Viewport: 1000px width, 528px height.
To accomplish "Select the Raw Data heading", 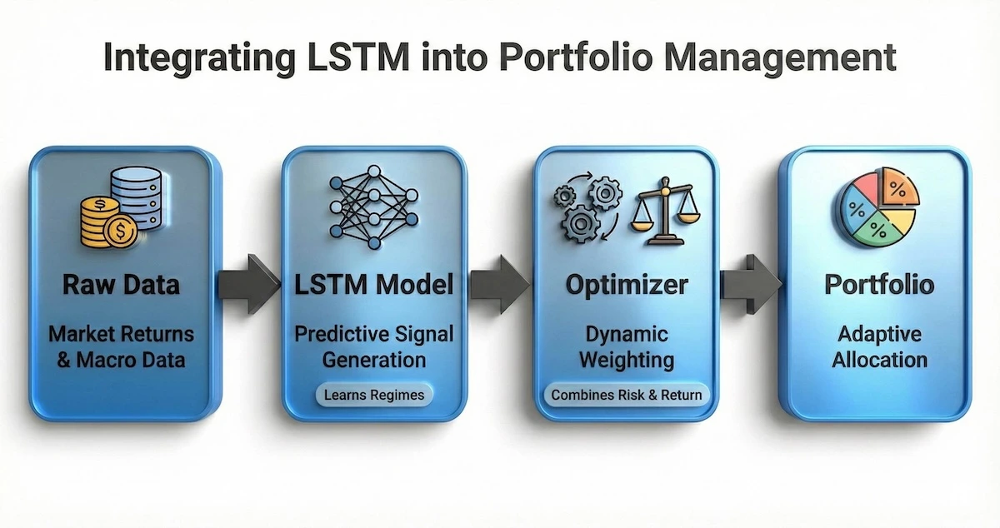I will [x=121, y=284].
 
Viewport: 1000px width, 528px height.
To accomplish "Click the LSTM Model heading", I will [x=374, y=284].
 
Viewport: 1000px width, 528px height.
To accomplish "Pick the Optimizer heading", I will [x=627, y=284].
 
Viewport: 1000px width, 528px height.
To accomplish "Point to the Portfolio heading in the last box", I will [x=879, y=284].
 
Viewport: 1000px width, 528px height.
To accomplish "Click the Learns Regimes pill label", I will [x=375, y=395].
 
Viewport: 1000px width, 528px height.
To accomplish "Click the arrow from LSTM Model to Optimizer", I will [x=500, y=284].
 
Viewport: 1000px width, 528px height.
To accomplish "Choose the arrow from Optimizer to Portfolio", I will [x=751, y=284].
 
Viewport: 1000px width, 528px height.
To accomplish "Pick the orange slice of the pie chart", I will [x=899, y=187].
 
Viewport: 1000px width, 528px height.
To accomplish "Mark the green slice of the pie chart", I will [x=875, y=229].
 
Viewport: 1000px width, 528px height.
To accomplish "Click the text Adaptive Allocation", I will [x=879, y=347].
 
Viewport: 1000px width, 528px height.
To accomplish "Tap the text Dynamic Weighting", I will [x=625, y=347].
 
